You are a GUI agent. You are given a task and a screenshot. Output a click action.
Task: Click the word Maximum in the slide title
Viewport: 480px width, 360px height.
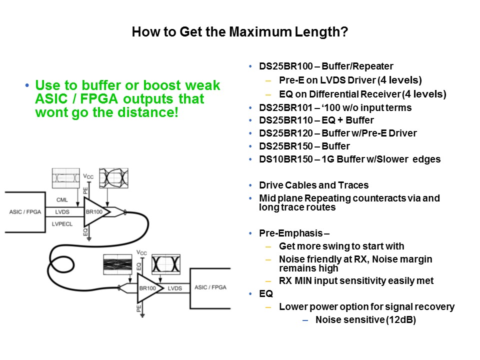pos(260,32)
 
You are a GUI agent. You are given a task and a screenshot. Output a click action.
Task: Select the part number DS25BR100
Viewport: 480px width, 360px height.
pos(286,66)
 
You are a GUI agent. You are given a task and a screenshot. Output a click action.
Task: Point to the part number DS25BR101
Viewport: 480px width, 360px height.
pos(286,108)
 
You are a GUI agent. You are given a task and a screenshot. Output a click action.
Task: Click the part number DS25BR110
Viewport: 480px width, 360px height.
pos(286,120)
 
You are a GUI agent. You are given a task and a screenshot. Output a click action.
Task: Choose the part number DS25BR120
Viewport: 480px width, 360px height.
pos(286,133)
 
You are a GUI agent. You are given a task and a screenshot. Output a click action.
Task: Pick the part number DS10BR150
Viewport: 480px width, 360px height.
pos(286,159)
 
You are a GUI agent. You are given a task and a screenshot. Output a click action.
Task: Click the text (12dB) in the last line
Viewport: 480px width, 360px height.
pos(400,320)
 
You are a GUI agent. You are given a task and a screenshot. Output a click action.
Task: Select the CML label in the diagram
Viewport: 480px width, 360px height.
pos(62,200)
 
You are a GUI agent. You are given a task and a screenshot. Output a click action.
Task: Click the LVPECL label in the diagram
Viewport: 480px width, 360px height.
pos(62,224)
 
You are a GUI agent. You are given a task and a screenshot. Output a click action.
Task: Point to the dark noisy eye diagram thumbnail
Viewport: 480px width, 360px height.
pos(117,264)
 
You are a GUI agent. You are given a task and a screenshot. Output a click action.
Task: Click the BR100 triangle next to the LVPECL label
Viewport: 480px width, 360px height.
pos(95,212)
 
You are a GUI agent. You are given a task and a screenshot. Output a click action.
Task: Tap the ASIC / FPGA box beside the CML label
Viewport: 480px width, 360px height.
pos(25,212)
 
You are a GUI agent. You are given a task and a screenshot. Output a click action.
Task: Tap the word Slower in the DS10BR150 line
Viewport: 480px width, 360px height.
pos(393,159)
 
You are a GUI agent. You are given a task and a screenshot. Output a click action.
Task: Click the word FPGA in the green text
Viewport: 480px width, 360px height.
pos(99,98)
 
